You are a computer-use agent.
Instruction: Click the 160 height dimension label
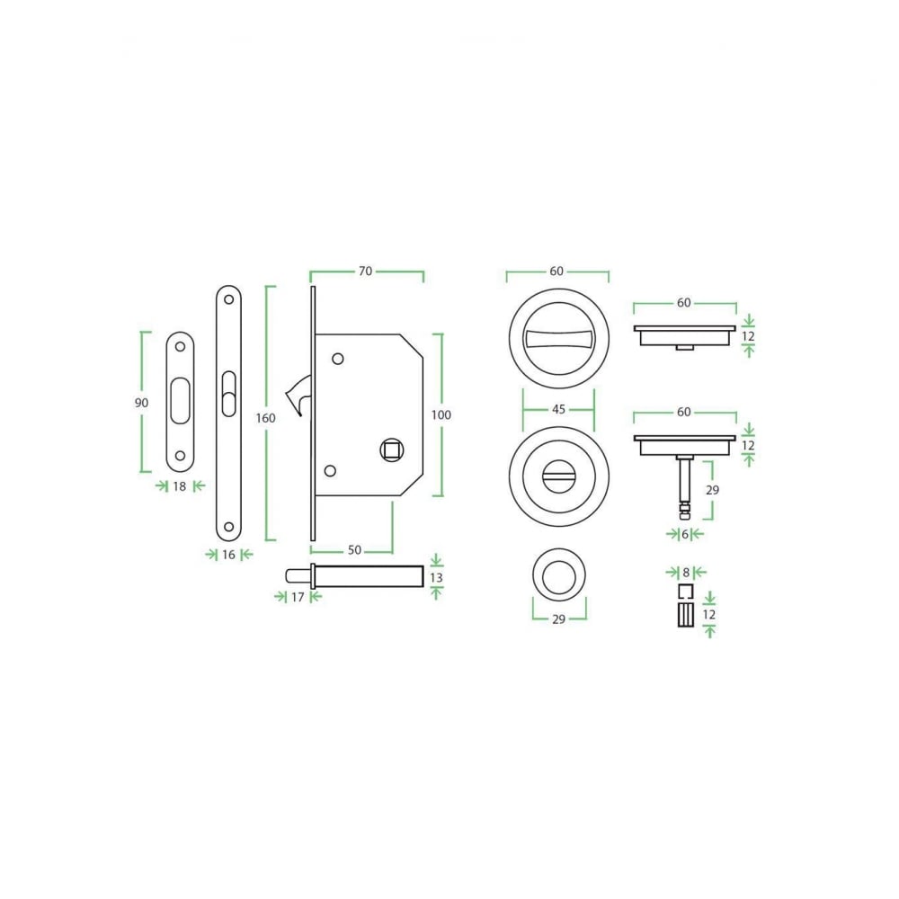265,418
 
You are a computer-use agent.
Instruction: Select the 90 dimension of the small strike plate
141,403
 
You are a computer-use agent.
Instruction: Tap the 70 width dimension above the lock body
365,271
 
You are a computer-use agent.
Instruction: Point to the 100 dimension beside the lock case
441,414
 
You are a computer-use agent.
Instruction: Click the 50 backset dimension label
354,550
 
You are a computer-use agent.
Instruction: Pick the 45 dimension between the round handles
558,409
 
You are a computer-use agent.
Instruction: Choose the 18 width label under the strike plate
180,486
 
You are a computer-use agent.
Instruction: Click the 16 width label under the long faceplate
228,555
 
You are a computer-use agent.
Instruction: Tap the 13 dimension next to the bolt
436,577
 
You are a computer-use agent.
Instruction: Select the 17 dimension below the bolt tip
297,598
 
